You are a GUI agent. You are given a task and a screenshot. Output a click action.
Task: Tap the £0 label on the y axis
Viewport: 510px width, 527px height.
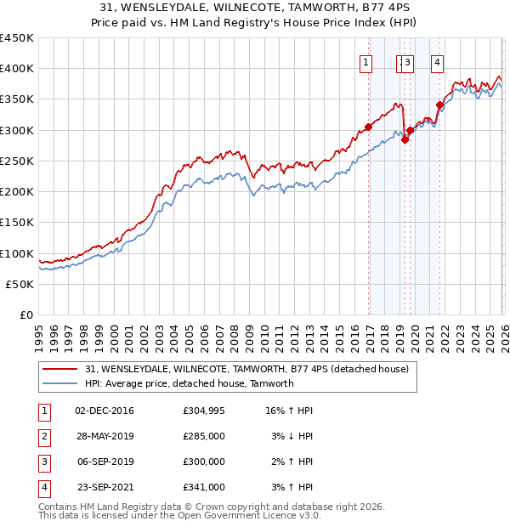(26, 315)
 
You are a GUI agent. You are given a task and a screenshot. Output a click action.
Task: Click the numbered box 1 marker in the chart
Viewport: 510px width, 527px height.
(366, 61)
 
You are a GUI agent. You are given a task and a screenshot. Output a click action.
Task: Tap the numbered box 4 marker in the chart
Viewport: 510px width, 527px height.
(437, 61)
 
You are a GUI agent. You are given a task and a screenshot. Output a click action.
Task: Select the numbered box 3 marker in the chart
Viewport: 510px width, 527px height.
(408, 61)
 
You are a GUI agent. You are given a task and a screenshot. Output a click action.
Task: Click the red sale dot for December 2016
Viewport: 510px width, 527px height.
(368, 127)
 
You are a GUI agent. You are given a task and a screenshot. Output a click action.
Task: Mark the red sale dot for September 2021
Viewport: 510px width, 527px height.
(439, 105)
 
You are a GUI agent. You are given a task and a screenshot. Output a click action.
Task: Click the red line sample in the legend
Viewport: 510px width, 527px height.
(60, 369)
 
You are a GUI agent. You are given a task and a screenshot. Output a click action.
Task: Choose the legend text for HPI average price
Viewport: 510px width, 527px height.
(189, 383)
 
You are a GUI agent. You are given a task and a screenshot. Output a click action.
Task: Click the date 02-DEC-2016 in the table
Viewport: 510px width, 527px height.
(105, 411)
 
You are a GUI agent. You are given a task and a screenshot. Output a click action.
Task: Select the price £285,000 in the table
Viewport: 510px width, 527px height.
(204, 436)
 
